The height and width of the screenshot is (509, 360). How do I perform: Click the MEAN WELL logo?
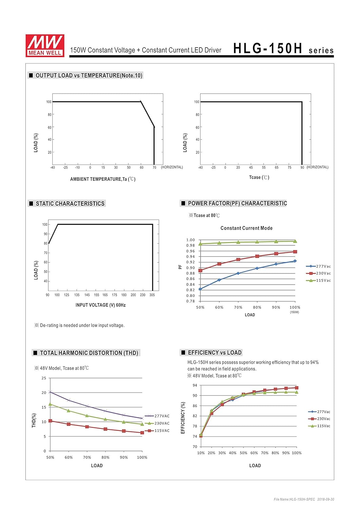click(x=45, y=45)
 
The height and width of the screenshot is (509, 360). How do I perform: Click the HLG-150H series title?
click(x=283, y=49)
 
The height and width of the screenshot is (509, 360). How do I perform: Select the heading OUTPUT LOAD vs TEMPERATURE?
click(x=89, y=75)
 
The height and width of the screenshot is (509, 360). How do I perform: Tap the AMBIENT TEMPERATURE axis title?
click(x=102, y=179)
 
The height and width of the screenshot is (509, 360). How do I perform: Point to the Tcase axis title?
click(x=259, y=177)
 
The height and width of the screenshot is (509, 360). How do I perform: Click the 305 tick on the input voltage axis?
click(x=152, y=295)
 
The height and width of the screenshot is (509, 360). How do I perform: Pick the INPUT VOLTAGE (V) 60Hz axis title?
click(x=100, y=305)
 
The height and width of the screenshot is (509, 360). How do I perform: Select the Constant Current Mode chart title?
click(x=246, y=228)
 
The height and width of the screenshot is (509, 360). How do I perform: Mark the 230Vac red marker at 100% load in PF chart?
click(x=295, y=252)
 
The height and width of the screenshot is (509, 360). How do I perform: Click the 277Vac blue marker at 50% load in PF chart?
click(x=200, y=289)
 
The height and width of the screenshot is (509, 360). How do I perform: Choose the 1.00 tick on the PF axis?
click(x=190, y=240)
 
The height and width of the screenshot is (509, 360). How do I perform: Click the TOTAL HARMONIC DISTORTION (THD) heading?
click(x=89, y=353)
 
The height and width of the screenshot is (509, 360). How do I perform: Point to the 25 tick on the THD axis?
click(x=44, y=378)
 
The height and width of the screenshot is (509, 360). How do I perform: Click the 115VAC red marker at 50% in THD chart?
click(x=50, y=421)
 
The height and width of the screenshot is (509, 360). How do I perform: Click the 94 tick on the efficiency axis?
click(x=195, y=385)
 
